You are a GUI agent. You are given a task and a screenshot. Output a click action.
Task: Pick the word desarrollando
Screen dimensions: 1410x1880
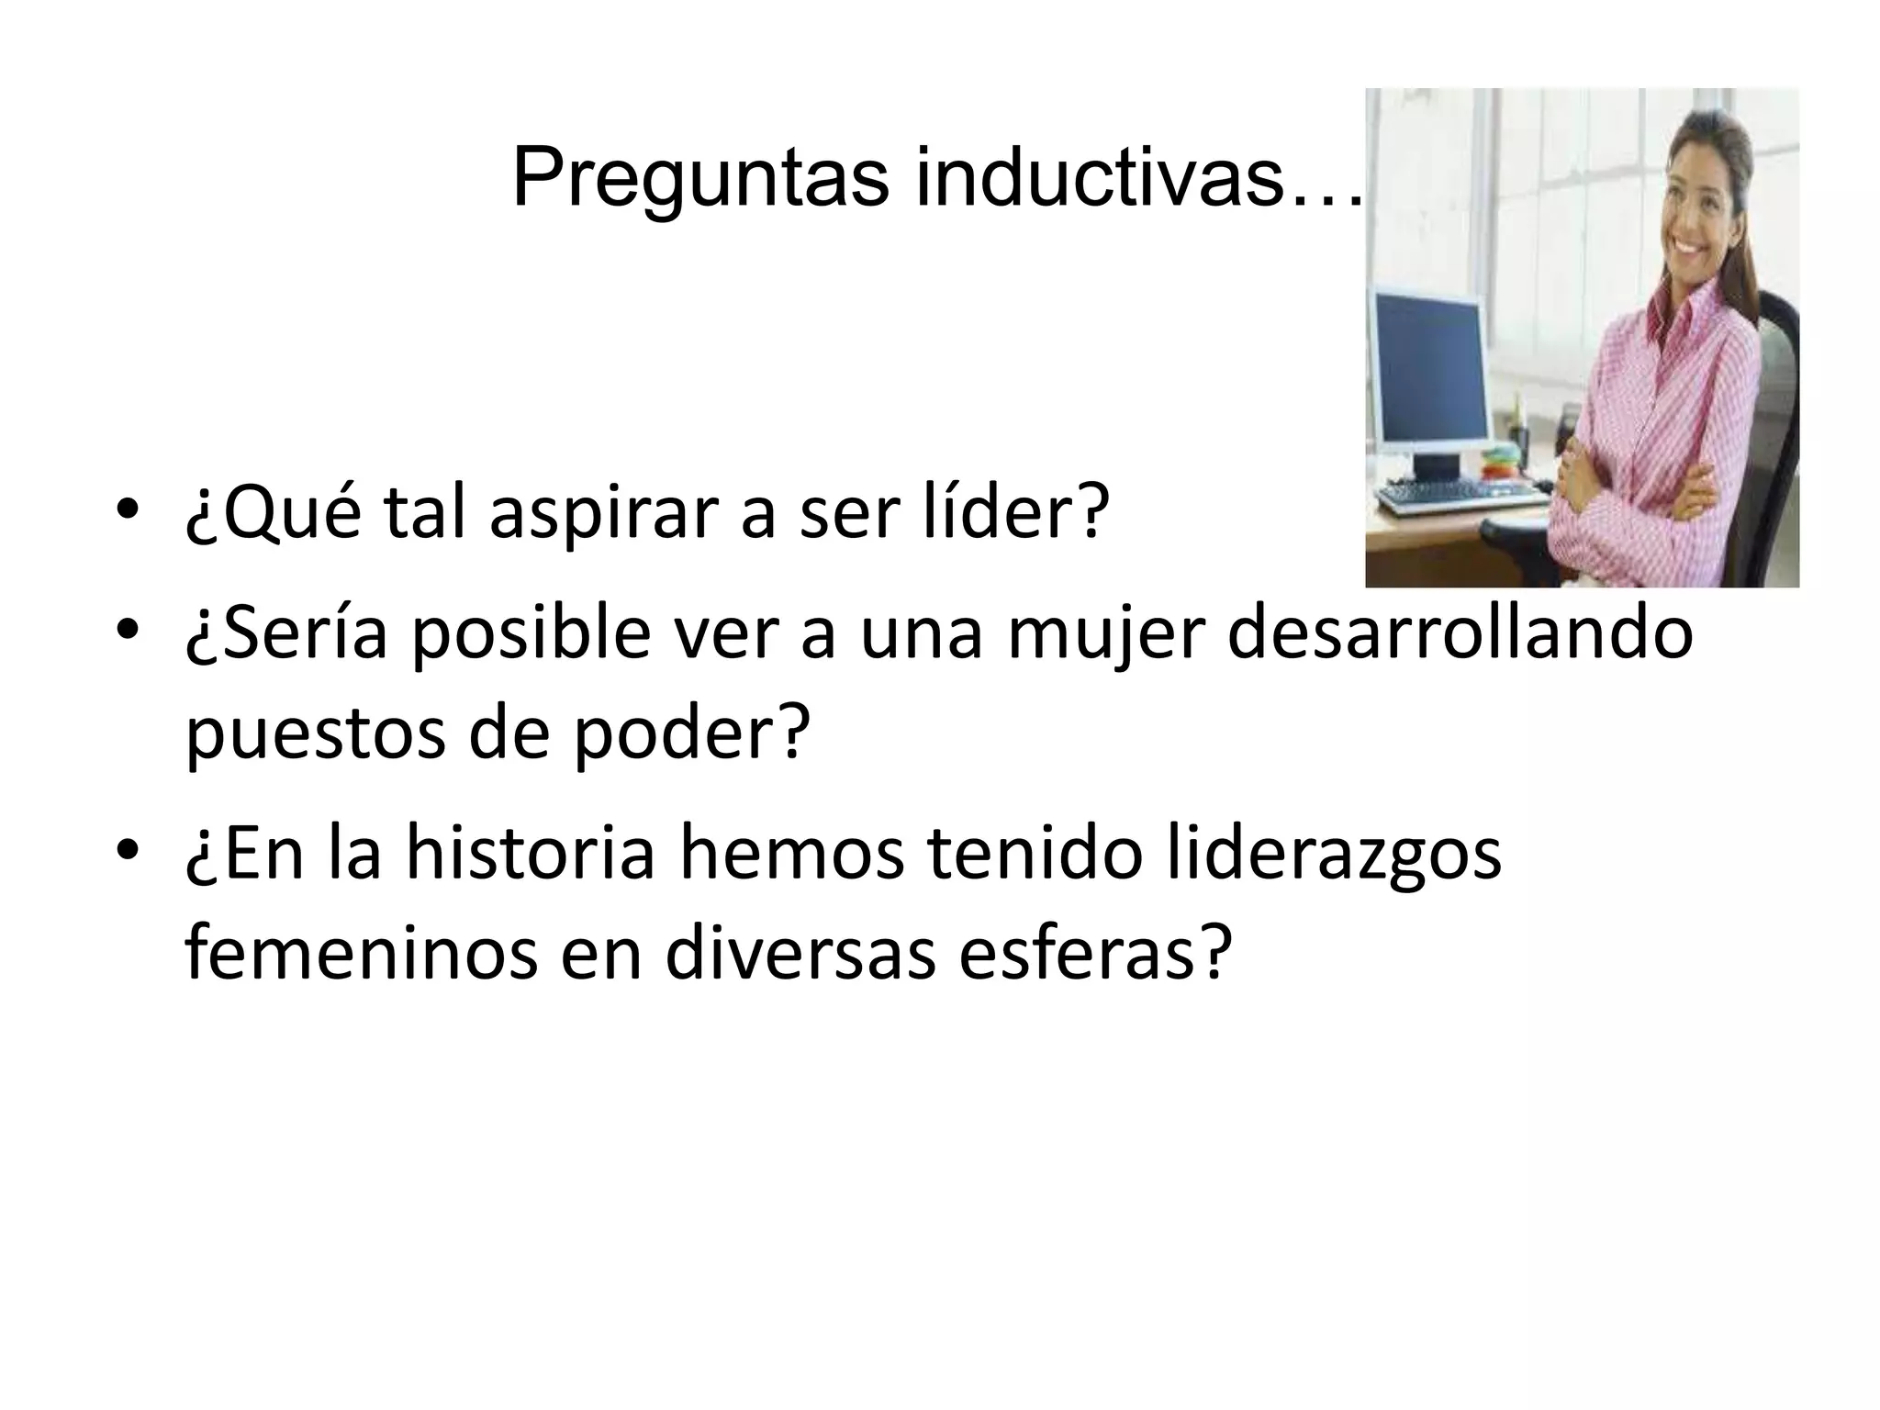[x=1460, y=634]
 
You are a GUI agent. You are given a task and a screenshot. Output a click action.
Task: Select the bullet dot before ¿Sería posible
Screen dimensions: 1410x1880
[x=128, y=631]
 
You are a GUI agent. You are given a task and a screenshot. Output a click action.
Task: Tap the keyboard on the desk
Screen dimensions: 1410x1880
[x=1460, y=497]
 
